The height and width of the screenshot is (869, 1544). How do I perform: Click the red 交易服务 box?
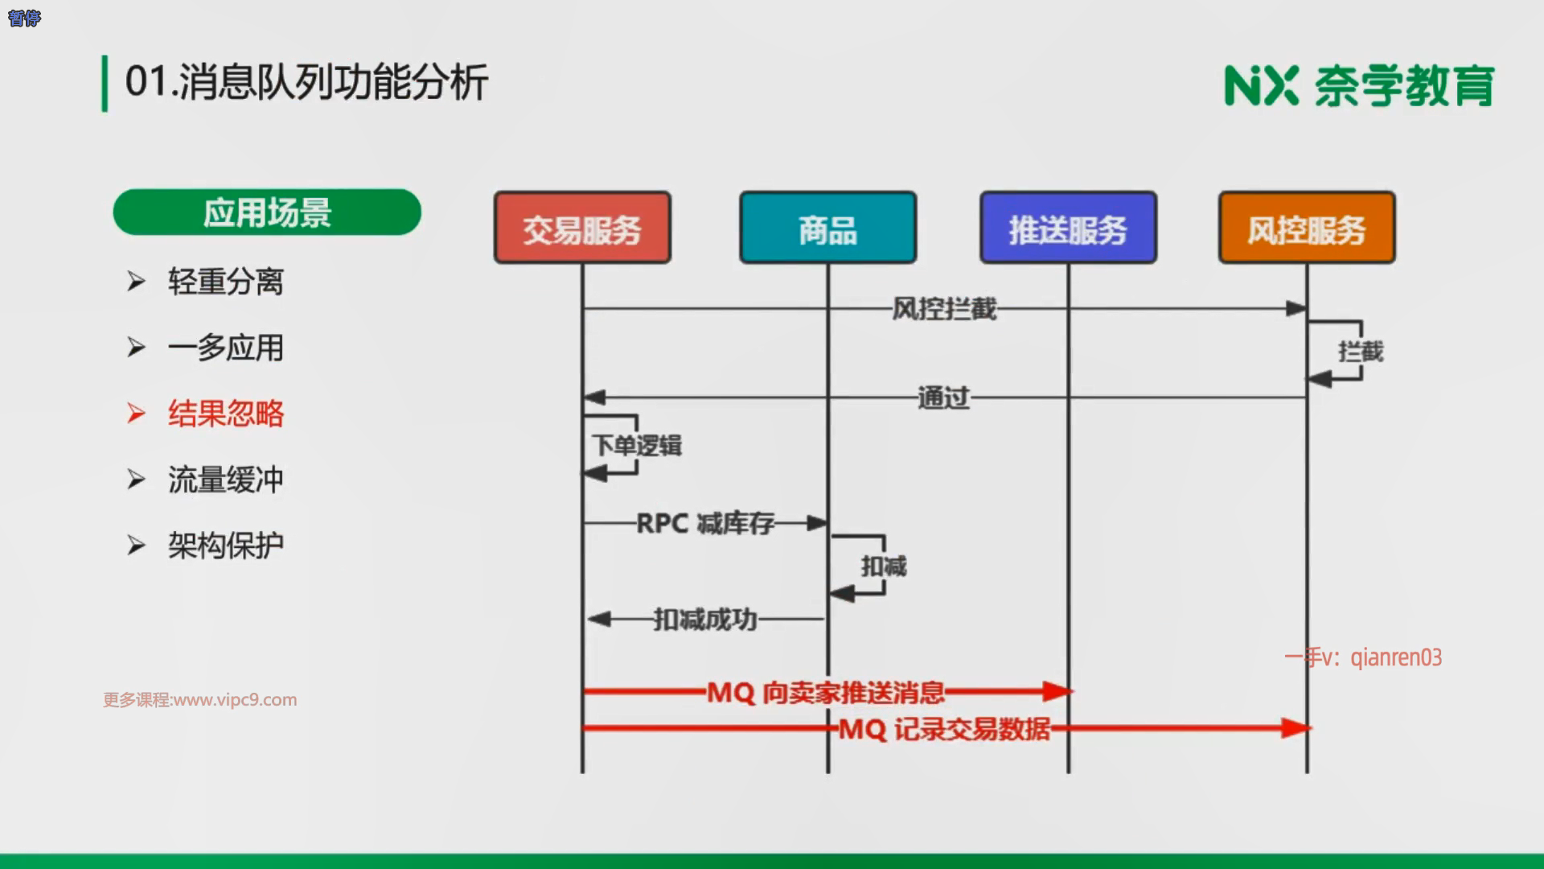[x=582, y=229]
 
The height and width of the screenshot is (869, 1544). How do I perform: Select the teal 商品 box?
[x=827, y=229]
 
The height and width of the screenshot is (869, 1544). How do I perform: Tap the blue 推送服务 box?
[x=1068, y=229]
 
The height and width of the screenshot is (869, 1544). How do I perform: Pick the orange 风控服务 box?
[x=1307, y=229]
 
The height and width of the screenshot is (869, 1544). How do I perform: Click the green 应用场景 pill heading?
[x=267, y=212]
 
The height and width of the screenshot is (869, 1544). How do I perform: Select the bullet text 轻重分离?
[x=225, y=282]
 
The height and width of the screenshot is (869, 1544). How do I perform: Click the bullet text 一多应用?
[x=225, y=348]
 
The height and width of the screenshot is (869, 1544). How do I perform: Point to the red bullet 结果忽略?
[x=225, y=414]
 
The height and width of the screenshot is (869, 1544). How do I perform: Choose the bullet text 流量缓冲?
[x=225, y=480]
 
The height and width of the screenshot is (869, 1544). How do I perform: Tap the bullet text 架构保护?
[x=225, y=546]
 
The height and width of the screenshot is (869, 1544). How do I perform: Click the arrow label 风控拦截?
[x=944, y=309]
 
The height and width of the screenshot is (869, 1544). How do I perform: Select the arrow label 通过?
[x=944, y=397]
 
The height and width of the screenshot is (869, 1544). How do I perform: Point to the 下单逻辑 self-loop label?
[x=637, y=445]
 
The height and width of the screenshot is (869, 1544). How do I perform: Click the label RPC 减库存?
[x=705, y=524]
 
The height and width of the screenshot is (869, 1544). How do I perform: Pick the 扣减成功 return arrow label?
[x=705, y=620]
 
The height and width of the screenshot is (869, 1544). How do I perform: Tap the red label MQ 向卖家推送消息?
[x=826, y=692]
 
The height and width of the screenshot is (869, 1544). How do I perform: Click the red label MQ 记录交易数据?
[x=945, y=729]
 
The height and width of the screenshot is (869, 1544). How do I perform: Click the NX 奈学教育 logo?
[x=1359, y=85]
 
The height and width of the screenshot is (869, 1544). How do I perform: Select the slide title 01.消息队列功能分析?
[x=306, y=82]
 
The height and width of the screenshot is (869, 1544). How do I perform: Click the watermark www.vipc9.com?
[x=200, y=700]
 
